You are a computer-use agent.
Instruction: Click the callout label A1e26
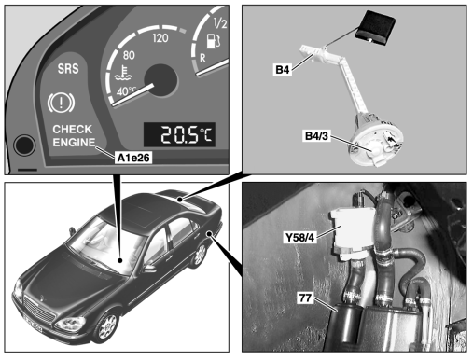tap(133, 158)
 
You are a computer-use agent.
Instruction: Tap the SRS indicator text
tap(68, 69)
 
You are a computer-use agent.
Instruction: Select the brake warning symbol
tap(61, 103)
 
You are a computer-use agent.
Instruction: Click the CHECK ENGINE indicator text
tap(74, 136)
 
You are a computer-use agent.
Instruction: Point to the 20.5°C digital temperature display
tap(179, 134)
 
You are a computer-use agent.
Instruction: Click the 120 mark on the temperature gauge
tap(160, 38)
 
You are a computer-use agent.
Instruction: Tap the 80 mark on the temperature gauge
tap(129, 55)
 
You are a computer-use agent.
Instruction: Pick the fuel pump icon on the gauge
tap(214, 41)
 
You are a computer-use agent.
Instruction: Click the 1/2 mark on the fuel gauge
tap(220, 23)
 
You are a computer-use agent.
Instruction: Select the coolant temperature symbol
tap(122, 74)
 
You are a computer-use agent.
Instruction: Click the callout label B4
tap(283, 70)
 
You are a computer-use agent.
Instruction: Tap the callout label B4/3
tap(316, 136)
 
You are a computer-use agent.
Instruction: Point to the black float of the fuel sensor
tap(375, 27)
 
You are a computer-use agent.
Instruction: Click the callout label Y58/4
tap(299, 238)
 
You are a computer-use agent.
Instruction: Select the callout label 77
tap(305, 298)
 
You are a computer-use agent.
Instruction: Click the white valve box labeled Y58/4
tap(353, 231)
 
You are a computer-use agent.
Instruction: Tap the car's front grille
tap(40, 310)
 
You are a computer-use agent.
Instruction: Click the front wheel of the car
tap(106, 326)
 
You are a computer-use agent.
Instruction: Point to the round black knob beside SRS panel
tap(24, 145)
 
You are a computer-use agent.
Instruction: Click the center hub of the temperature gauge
tap(160, 81)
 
